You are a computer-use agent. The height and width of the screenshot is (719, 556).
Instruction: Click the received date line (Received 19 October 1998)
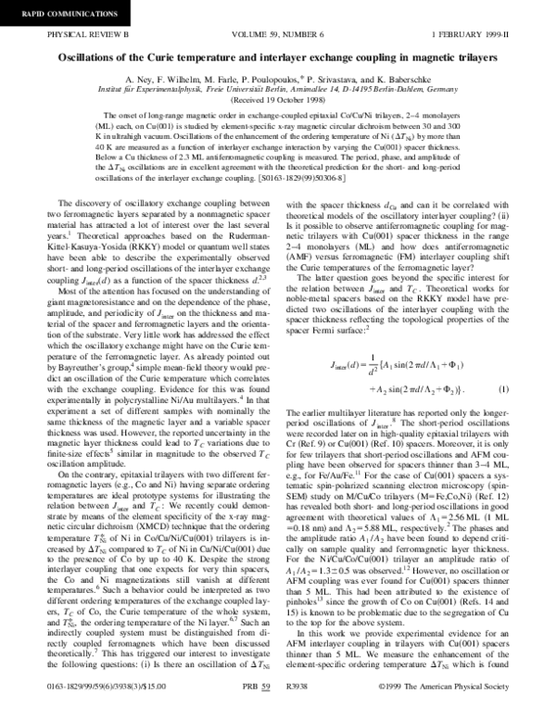tap(277, 99)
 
